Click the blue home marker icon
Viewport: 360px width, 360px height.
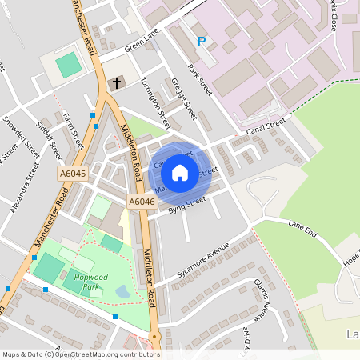point(180,172)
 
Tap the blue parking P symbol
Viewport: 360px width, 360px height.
point(202,42)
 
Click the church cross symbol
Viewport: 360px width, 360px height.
point(116,83)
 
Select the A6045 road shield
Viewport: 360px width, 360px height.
point(71,173)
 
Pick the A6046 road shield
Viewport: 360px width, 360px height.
point(141,202)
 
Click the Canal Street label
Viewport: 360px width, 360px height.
point(266,126)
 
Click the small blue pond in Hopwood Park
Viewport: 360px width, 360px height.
point(122,293)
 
